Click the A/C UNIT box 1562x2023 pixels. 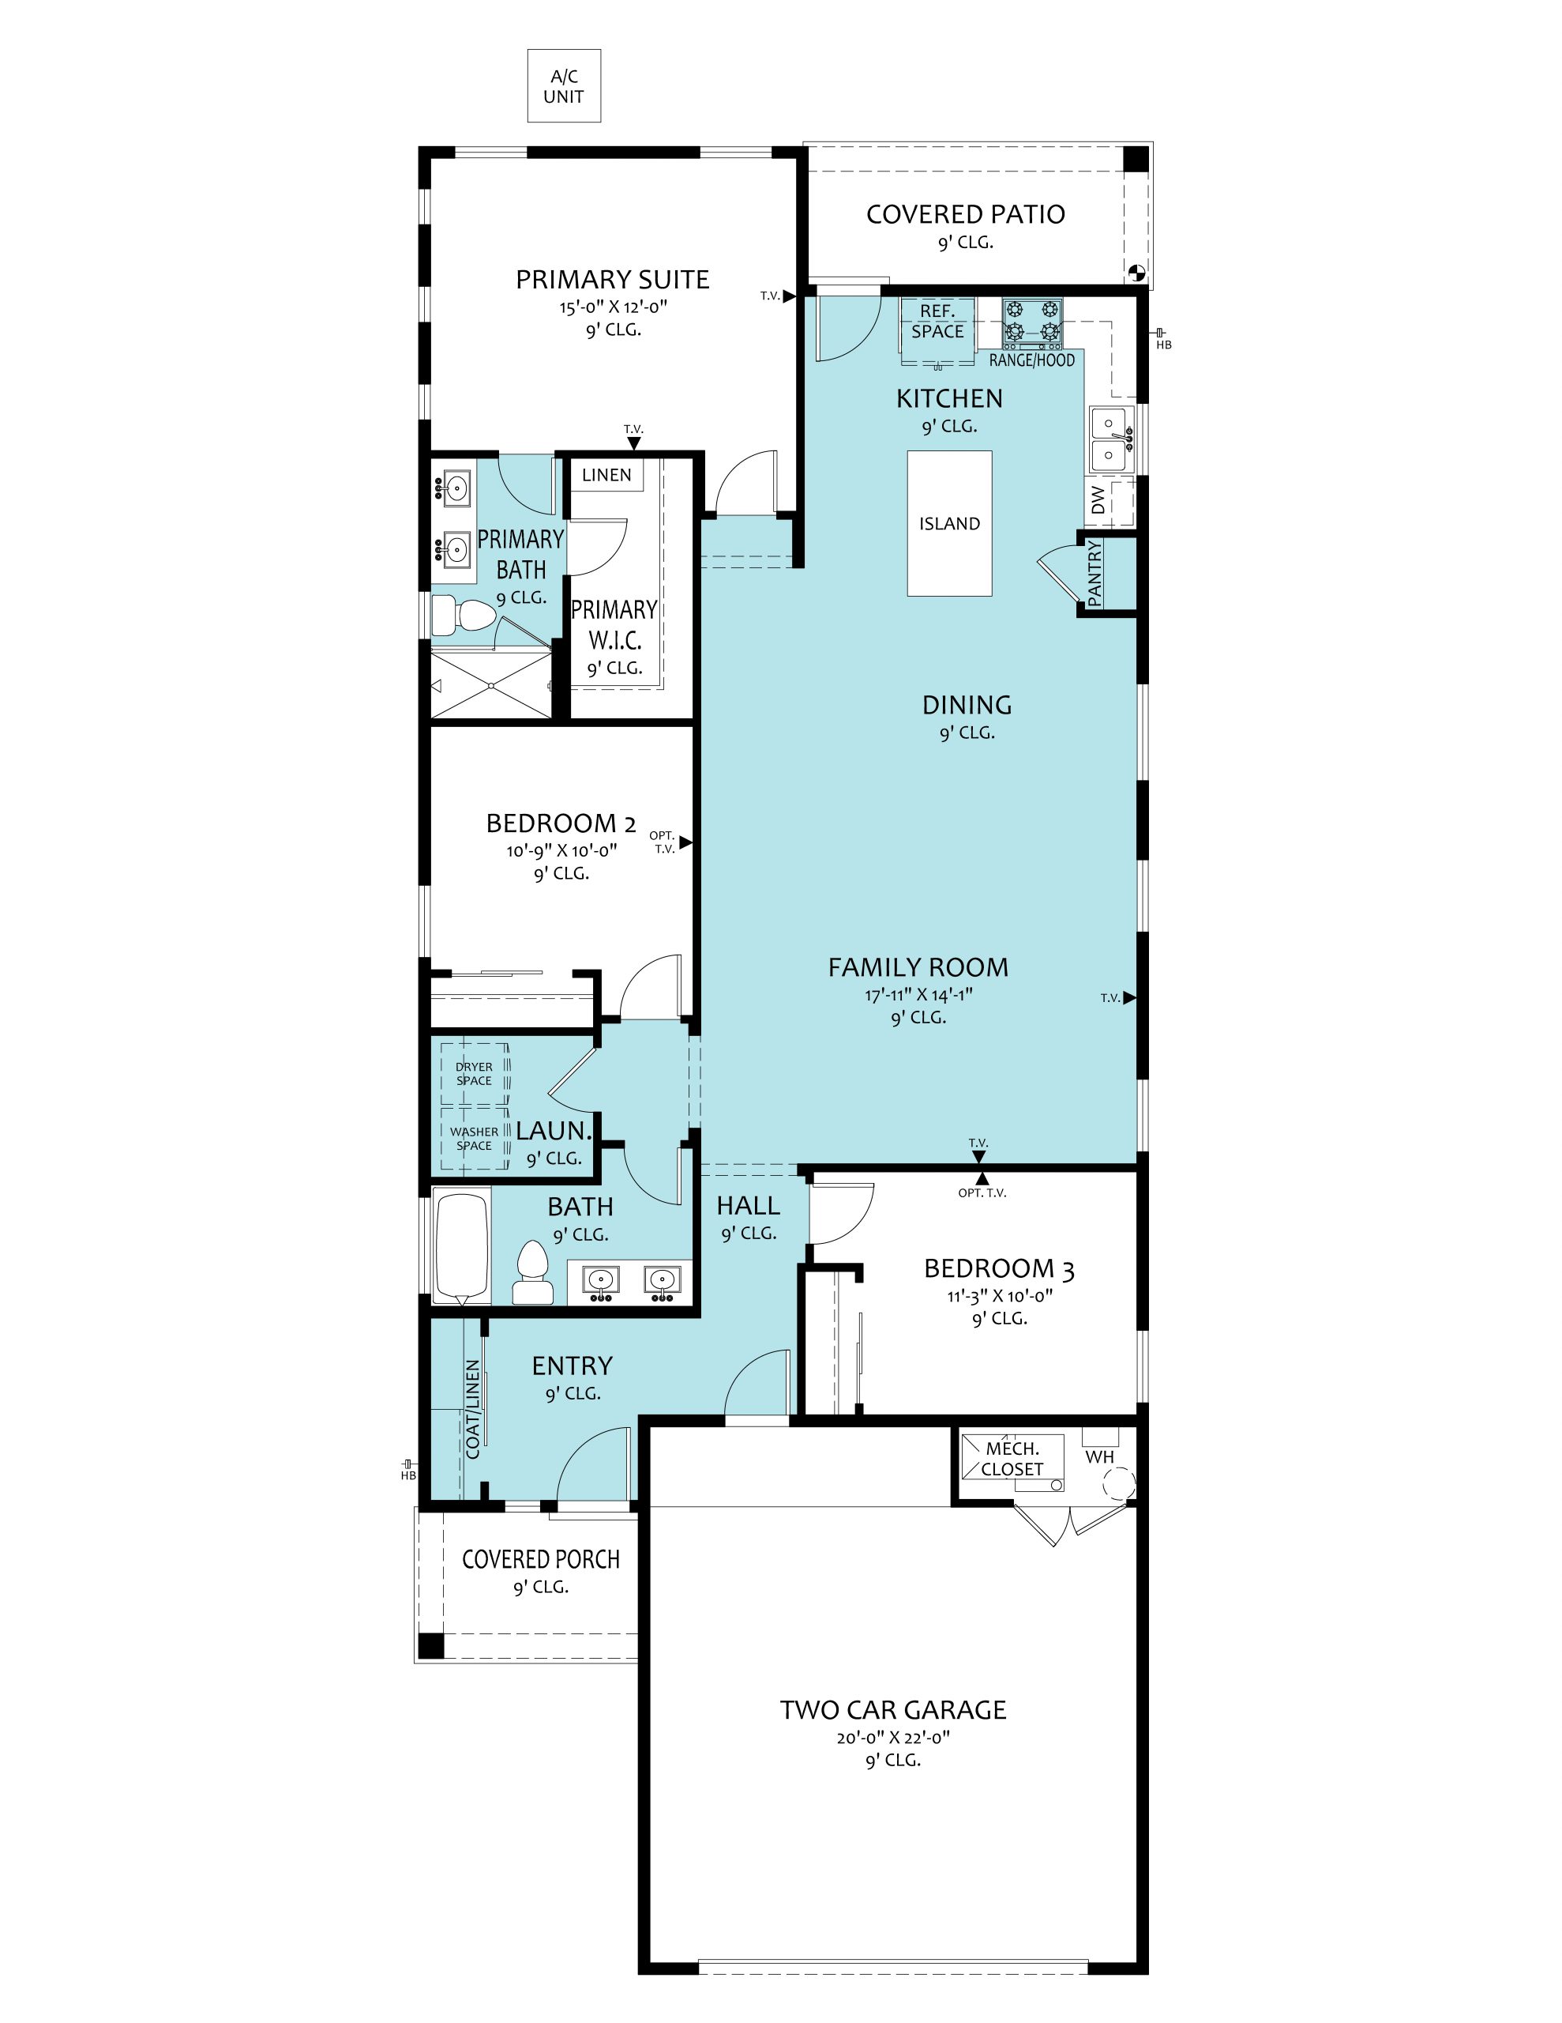564,86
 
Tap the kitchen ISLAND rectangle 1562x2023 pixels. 949,523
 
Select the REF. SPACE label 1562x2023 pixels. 937,322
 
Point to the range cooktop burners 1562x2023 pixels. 1032,321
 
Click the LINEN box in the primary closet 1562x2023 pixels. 606,475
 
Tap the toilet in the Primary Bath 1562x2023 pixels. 465,616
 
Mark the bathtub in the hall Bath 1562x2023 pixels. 461,1248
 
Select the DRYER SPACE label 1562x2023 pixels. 474,1074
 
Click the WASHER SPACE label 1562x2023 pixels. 474,1139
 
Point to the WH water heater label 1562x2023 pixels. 1100,1457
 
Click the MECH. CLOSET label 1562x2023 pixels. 1012,1459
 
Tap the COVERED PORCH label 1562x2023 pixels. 541,1559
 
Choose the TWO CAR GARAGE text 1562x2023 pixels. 892,1709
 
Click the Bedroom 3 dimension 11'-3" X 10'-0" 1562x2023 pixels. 1000,1296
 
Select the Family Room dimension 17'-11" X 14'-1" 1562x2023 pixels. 918,996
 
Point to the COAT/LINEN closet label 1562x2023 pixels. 473,1409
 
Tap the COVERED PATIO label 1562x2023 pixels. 966,214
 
